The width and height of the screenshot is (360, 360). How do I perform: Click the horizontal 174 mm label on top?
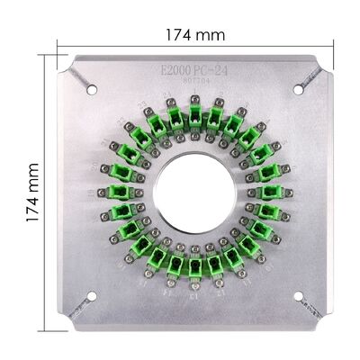click(x=195, y=33)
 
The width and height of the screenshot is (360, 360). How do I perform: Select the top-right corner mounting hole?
click(x=298, y=88)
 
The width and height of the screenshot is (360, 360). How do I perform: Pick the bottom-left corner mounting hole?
click(x=92, y=296)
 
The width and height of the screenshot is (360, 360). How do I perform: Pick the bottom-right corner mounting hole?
click(x=297, y=296)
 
